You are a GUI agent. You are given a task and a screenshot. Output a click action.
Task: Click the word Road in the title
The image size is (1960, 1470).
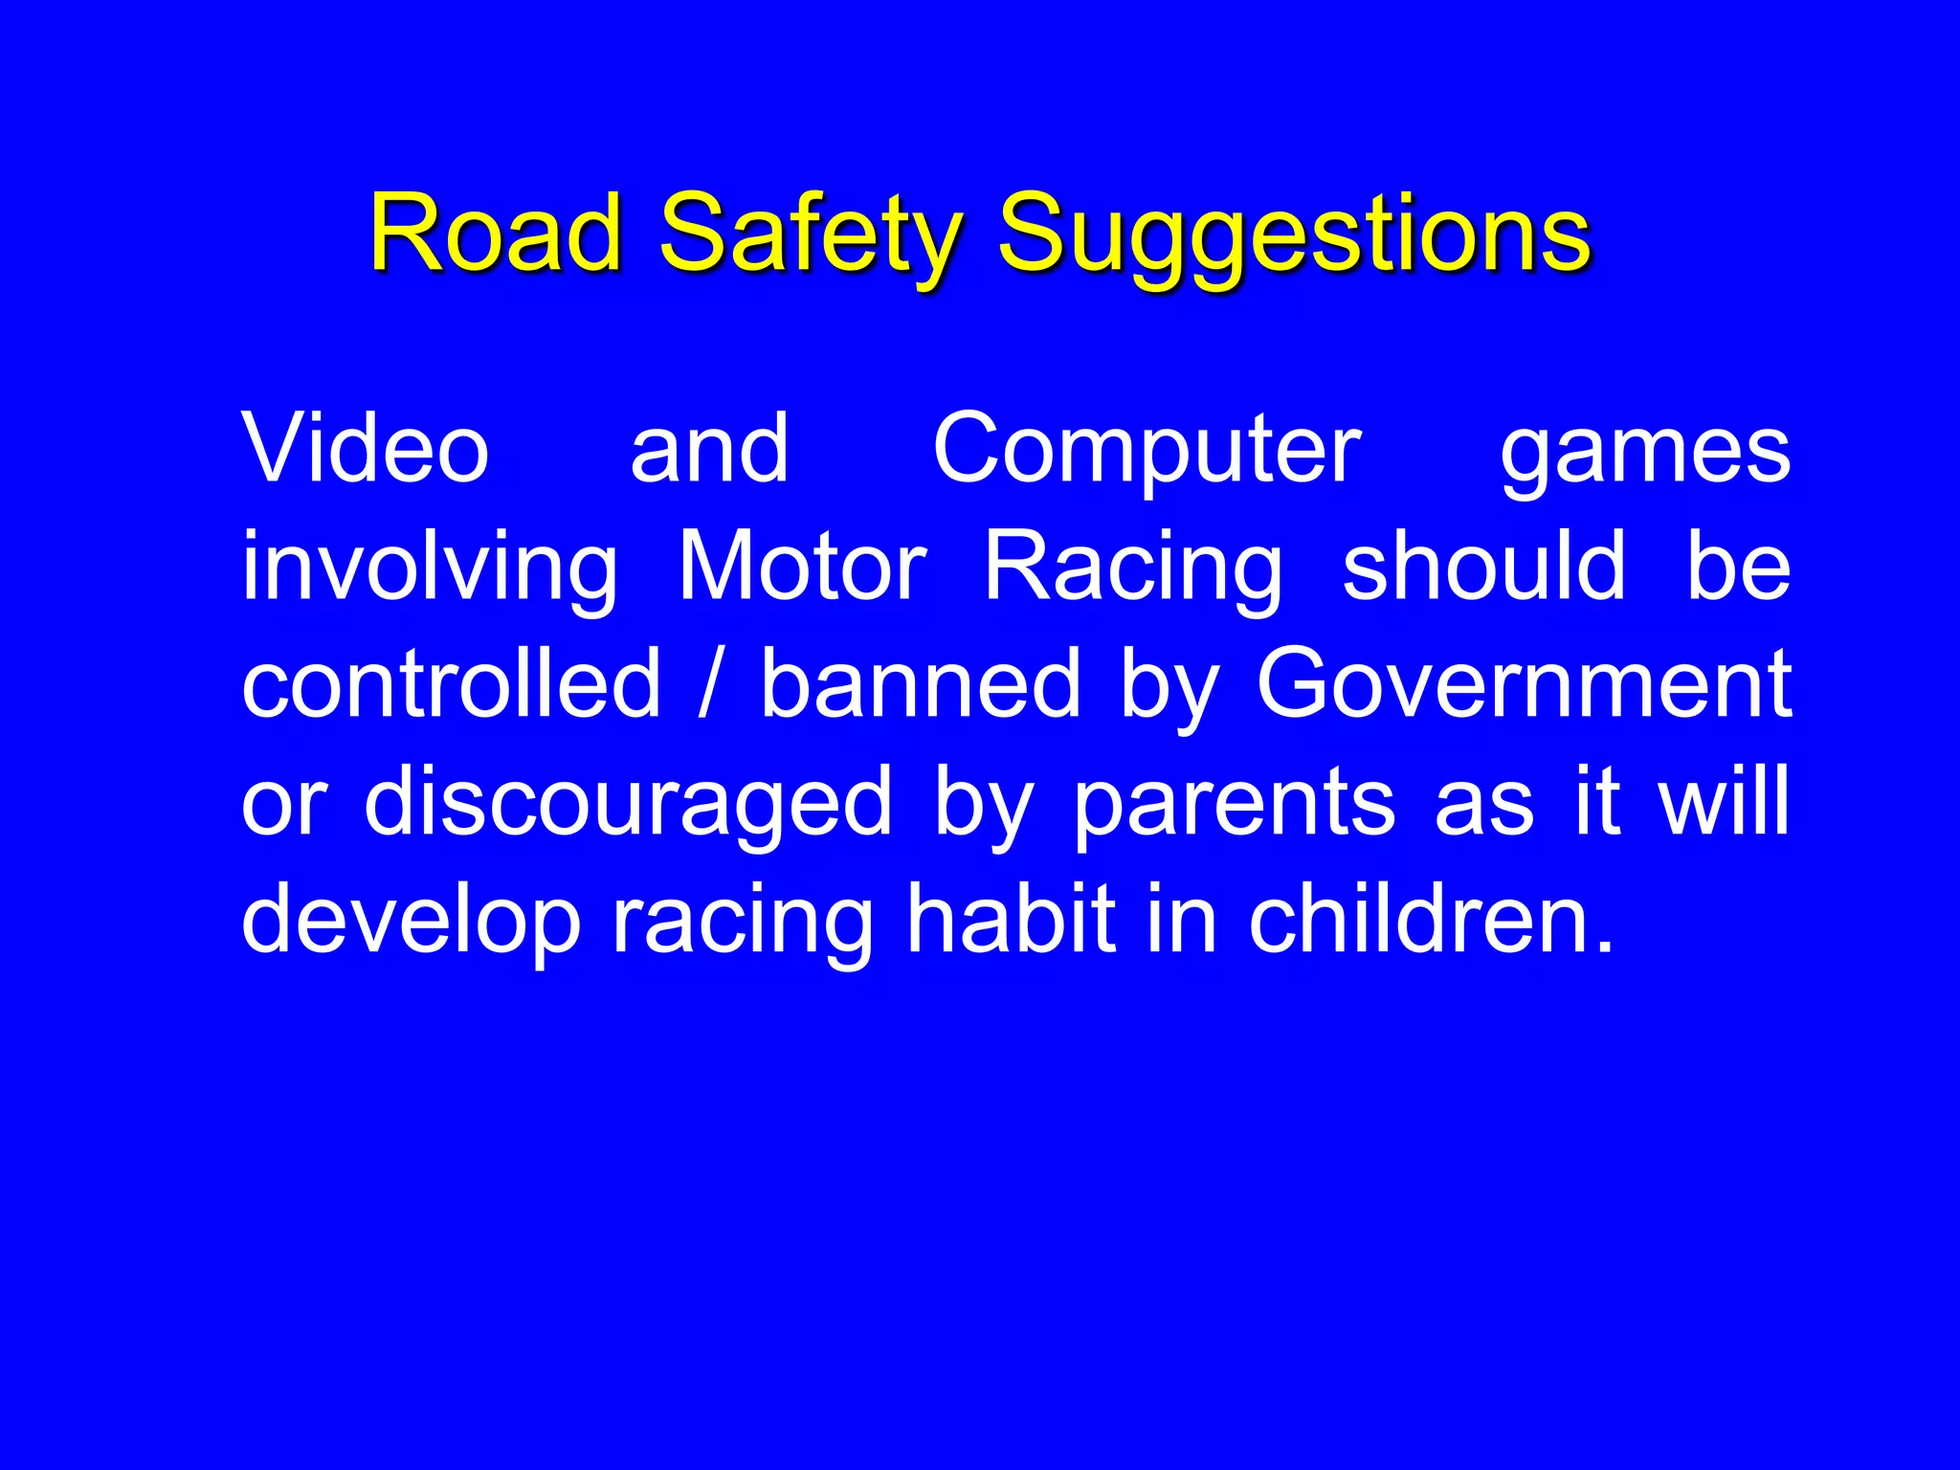click(496, 233)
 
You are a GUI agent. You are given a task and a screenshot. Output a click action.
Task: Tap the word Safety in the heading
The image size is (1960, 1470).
click(811, 234)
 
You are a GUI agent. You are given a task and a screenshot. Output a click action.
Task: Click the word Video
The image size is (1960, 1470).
click(366, 448)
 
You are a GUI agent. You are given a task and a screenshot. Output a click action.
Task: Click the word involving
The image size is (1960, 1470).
click(430, 569)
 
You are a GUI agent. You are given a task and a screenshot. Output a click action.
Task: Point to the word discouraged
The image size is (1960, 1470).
click(628, 804)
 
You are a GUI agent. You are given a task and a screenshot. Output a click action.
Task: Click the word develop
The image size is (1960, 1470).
click(412, 921)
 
